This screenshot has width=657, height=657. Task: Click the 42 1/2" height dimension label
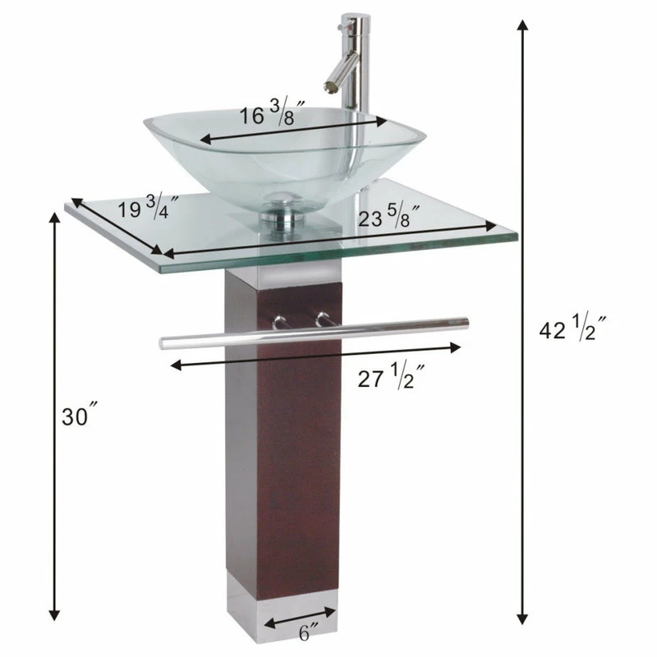pos(572,327)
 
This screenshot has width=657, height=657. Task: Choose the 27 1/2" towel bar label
pos(392,376)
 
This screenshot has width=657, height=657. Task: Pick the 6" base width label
pos(309,633)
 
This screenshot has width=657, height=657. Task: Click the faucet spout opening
pos(328,87)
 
